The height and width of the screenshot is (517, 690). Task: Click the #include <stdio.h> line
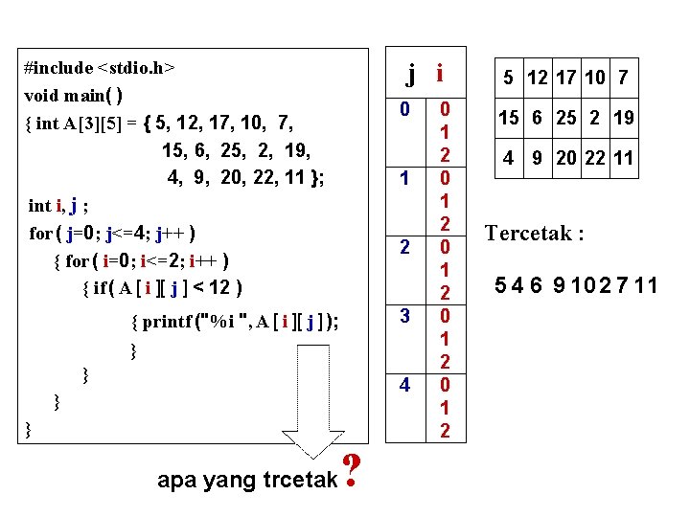click(x=101, y=68)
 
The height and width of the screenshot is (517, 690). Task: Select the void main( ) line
click(x=84, y=96)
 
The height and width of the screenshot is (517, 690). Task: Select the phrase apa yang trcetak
click(x=247, y=480)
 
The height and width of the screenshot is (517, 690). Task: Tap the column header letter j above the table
click(x=410, y=72)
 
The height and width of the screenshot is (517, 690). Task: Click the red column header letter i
click(x=439, y=72)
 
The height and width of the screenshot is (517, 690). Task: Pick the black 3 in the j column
click(x=405, y=316)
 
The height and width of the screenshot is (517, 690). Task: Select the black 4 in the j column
click(x=405, y=385)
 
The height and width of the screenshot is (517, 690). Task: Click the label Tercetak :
click(x=535, y=234)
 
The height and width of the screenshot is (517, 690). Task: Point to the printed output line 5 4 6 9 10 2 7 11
click(x=575, y=284)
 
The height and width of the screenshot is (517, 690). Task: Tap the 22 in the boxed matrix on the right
click(x=595, y=158)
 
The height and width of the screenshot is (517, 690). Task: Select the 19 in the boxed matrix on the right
click(x=623, y=119)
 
